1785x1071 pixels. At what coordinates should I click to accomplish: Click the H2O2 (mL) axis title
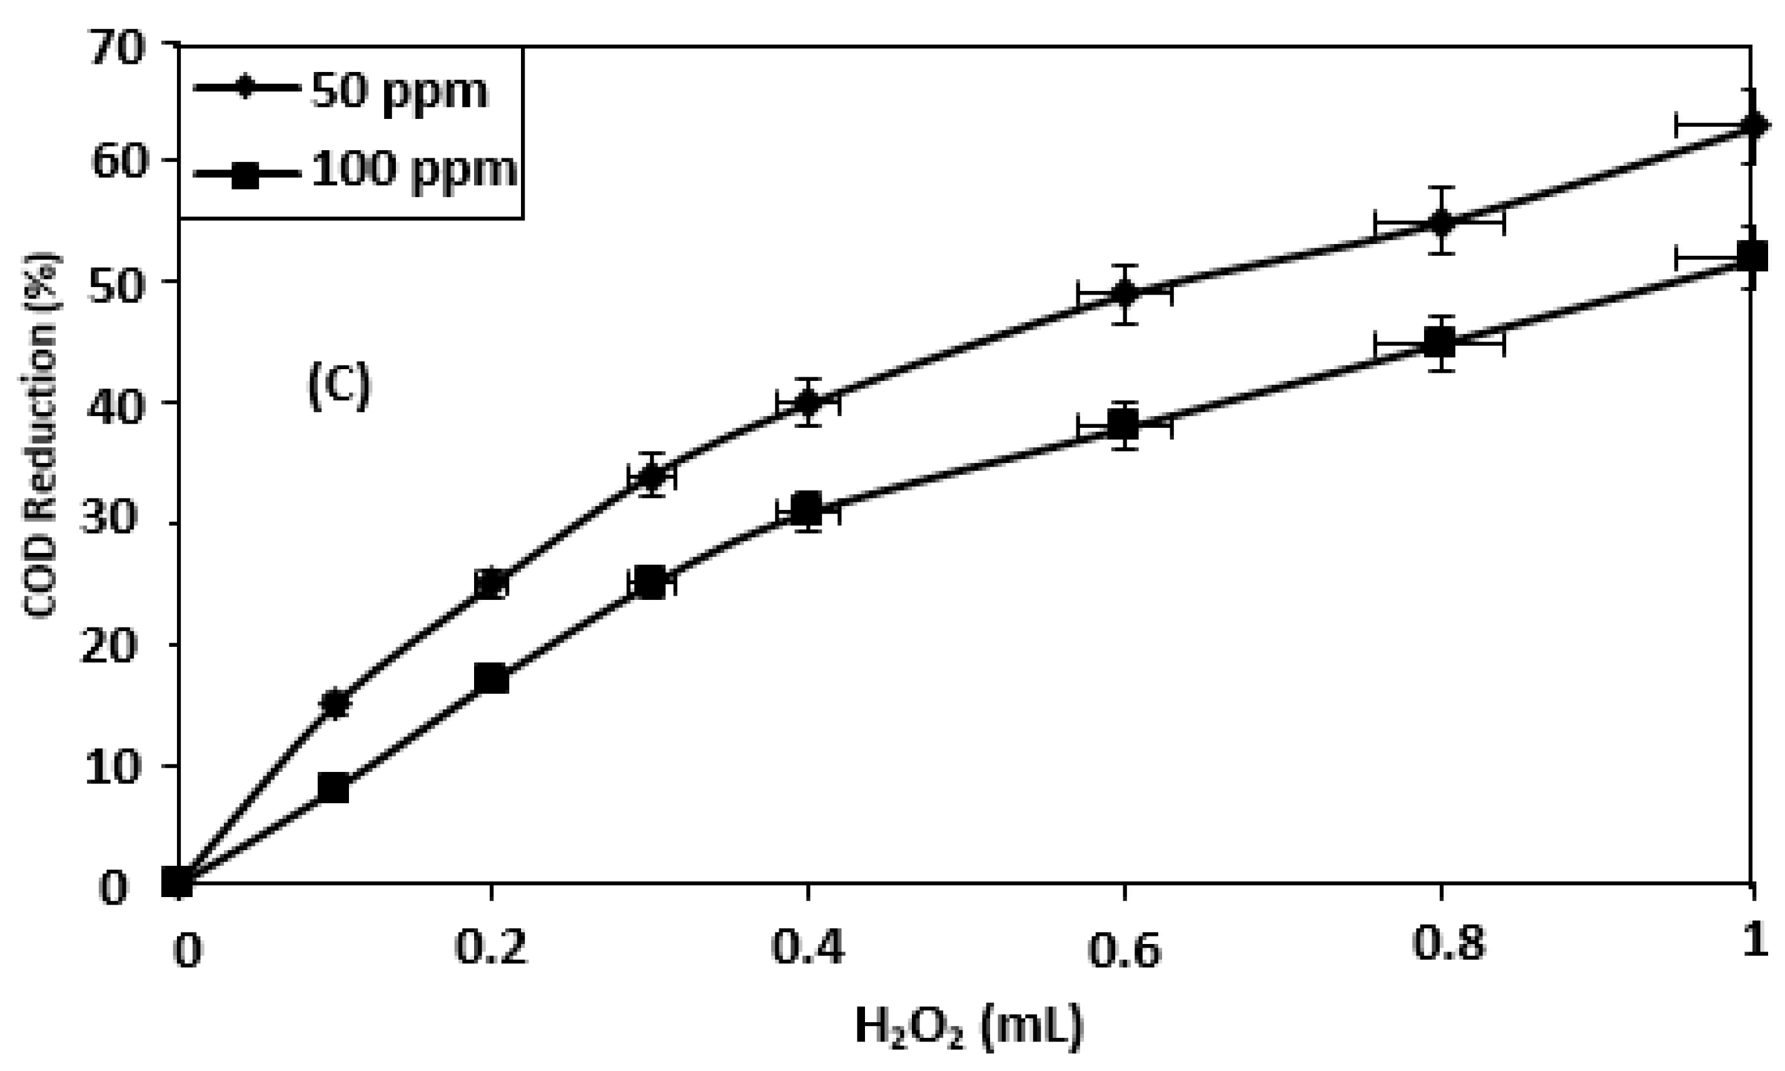(968, 1028)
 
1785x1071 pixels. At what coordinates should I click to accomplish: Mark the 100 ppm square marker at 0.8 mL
(1439, 343)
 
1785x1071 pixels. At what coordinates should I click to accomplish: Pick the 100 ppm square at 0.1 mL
(333, 788)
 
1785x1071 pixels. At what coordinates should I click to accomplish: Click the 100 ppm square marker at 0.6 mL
(1123, 424)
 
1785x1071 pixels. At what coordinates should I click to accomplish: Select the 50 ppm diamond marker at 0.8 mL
(1439, 222)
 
